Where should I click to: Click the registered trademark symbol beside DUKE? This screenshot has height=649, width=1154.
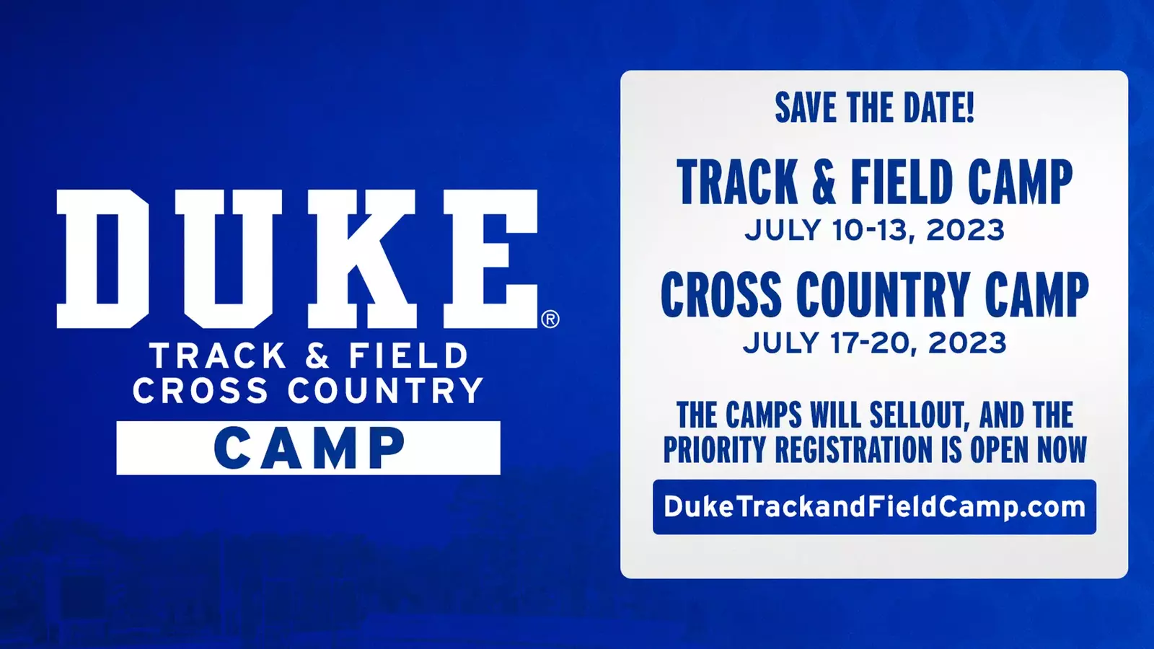pyautogui.click(x=550, y=319)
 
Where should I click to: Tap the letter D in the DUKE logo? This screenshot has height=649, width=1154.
pyautogui.click(x=102, y=259)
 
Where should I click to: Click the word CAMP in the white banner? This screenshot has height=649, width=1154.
pyautogui.click(x=309, y=448)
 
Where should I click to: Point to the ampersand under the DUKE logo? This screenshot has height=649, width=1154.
pyautogui.click(x=317, y=356)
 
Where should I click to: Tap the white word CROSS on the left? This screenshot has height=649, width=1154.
pyautogui.click(x=201, y=390)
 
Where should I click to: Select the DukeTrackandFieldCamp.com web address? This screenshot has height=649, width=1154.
pyautogui.click(x=874, y=507)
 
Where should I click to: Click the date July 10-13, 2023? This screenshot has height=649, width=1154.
pyautogui.click(x=874, y=230)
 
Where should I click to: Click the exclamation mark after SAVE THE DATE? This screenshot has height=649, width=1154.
pyautogui.click(x=969, y=107)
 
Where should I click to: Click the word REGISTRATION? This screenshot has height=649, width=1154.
pyautogui.click(x=855, y=449)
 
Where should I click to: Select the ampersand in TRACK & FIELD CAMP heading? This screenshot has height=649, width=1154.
pyautogui.click(x=825, y=182)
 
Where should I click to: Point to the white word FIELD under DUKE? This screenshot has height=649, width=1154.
pyautogui.click(x=408, y=356)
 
